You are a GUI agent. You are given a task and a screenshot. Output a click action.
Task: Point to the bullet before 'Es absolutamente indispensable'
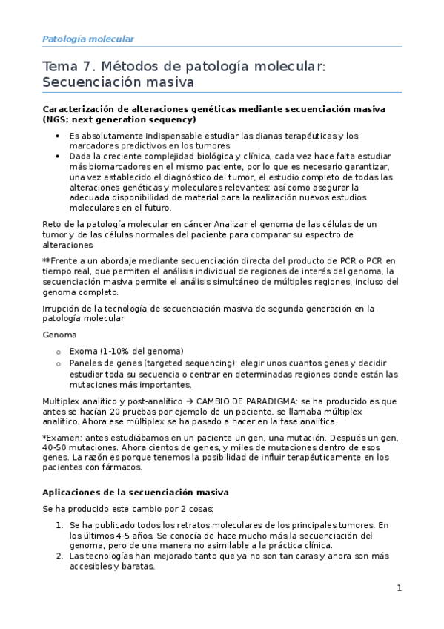tap(59, 136)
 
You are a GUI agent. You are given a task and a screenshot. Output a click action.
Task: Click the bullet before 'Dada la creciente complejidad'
tap(59, 157)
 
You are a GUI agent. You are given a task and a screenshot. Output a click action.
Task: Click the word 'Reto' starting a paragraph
tap(54, 225)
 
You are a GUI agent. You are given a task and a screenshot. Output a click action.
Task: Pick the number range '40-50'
tap(56, 449)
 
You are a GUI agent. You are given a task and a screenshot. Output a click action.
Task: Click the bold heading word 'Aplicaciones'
tap(75, 493)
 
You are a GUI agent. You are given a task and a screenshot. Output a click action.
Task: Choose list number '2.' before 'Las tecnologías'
tap(59, 556)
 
